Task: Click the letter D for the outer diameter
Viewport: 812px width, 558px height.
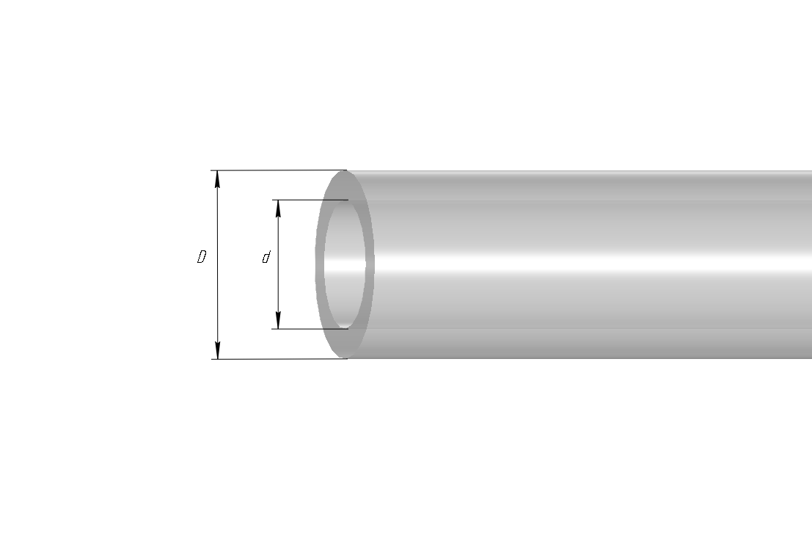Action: click(x=202, y=257)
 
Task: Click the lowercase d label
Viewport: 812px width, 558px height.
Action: click(x=266, y=257)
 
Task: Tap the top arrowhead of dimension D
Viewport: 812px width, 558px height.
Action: click(x=218, y=179)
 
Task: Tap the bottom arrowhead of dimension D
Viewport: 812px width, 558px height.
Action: click(x=218, y=350)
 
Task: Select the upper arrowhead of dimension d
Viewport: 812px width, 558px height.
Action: click(x=278, y=209)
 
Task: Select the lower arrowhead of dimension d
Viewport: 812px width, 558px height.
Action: click(x=278, y=320)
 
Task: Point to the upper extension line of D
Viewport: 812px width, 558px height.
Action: click(x=279, y=170)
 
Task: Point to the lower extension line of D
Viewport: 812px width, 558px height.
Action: click(x=279, y=359)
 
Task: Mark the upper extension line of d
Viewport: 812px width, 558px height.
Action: click(x=310, y=200)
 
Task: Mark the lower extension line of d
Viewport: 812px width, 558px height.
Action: click(x=310, y=329)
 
